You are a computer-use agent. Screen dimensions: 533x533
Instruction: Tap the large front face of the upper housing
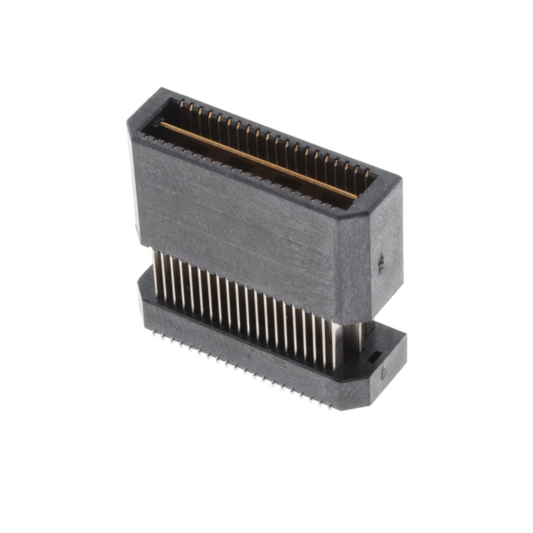[242, 225]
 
